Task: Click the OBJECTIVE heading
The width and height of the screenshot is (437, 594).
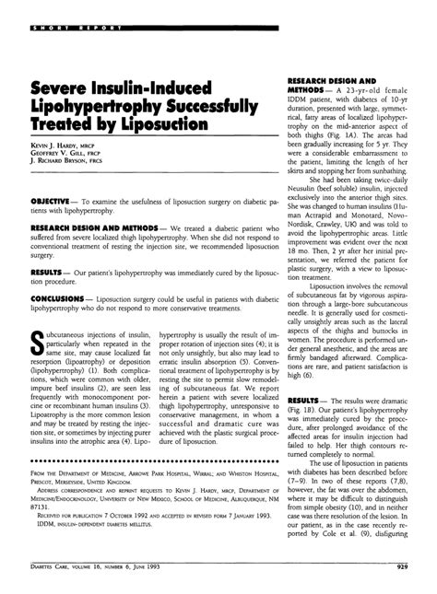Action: click(56, 199)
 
